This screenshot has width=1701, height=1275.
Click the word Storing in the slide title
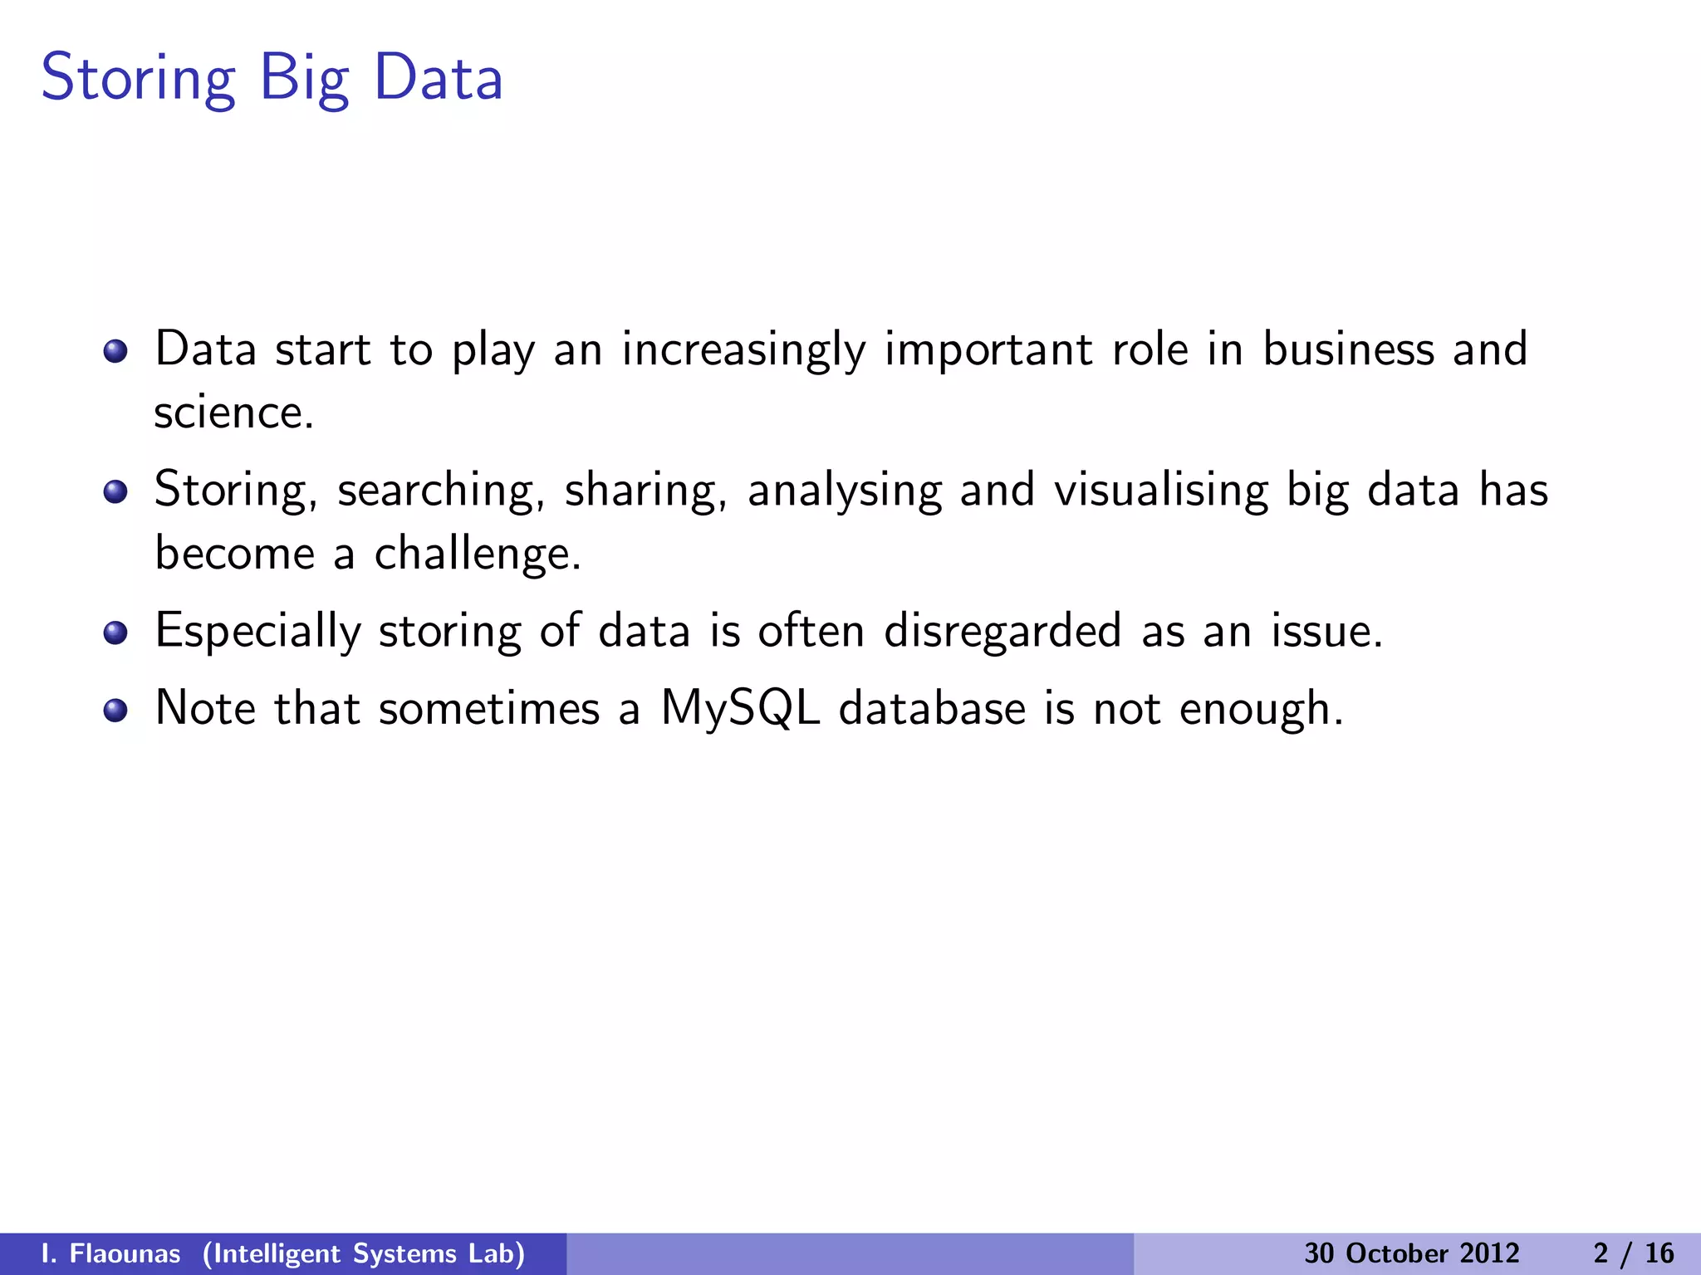click(x=139, y=79)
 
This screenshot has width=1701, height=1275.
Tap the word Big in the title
click(x=304, y=79)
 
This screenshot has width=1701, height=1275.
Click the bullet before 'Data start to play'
click(x=115, y=351)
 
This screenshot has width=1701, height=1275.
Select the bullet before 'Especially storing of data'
click(x=115, y=633)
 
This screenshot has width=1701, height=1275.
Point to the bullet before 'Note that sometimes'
click(x=115, y=711)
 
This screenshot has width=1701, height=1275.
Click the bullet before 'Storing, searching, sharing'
click(x=115, y=492)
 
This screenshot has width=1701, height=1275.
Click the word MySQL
click(x=740, y=710)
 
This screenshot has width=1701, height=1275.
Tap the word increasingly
click(x=743, y=350)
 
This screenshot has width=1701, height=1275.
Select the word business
click(x=1348, y=349)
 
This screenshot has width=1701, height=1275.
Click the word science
click(x=233, y=413)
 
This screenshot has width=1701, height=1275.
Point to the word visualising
click(x=1161, y=490)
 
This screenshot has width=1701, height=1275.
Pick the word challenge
click(x=477, y=554)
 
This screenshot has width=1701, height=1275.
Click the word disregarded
click(x=1002, y=632)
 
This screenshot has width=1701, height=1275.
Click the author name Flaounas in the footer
click(x=125, y=1253)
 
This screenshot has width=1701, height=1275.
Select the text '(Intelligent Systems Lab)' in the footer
click(x=364, y=1253)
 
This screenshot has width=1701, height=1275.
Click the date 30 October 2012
click(x=1411, y=1253)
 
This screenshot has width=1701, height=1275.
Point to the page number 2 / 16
click(x=1633, y=1253)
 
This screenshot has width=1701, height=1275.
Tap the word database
click(x=931, y=710)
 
